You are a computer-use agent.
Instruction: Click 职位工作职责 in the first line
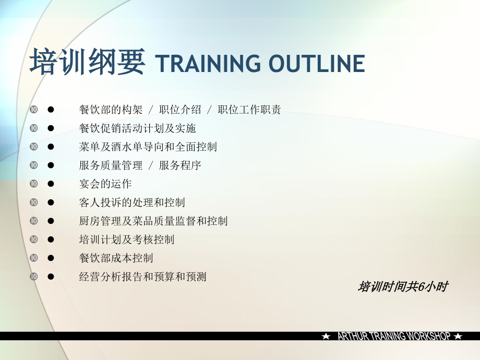tap(249, 110)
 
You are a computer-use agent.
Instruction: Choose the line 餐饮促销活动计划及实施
tap(137, 128)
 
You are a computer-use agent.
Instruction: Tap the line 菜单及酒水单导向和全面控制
tap(148, 147)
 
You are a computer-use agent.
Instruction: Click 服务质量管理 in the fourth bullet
tap(111, 166)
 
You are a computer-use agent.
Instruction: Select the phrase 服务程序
tap(180, 166)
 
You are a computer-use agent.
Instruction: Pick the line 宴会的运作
tap(105, 184)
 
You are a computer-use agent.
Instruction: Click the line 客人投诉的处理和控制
tap(132, 202)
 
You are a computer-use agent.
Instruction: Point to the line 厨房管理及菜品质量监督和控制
tap(153, 221)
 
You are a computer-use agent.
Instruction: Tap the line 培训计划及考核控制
tap(127, 239)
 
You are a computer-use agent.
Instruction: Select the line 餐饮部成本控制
tap(116, 258)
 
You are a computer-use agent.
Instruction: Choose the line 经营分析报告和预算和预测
tap(142, 277)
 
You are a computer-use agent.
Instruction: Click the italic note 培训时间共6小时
tap(403, 287)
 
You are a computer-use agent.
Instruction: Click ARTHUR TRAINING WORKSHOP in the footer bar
tap(393, 337)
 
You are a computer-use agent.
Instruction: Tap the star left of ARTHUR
tap(326, 337)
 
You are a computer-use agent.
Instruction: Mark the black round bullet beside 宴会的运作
tap(51, 184)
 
